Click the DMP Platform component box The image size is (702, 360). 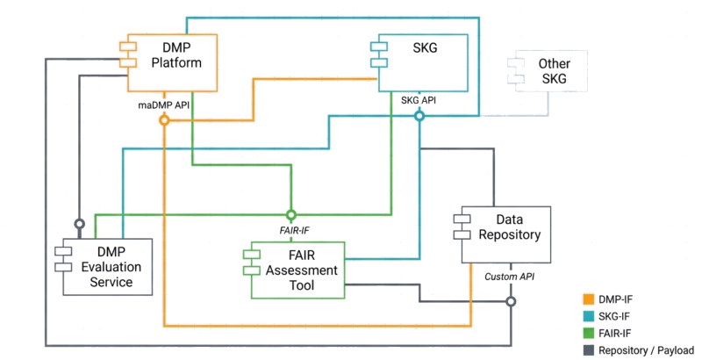172,63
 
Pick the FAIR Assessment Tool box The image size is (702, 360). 295,270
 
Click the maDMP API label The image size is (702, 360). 163,104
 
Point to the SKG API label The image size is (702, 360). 419,101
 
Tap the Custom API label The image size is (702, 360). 510,277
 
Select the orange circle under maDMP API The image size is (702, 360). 163,120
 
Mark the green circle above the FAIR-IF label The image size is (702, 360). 291,213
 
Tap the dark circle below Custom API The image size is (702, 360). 510,301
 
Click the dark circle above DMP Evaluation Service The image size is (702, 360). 79,222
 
